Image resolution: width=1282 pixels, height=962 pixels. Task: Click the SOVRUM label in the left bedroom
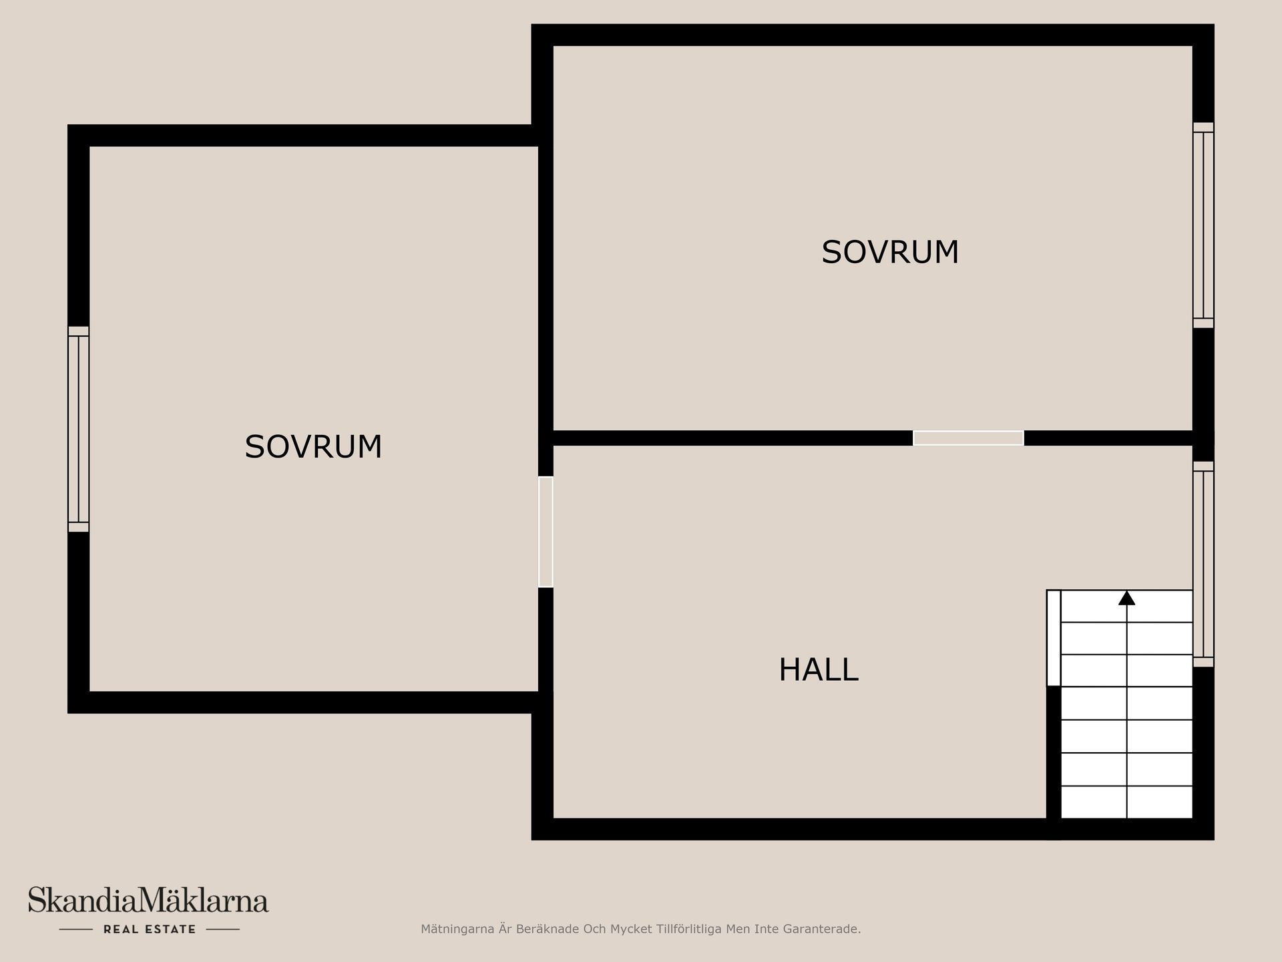point(313,447)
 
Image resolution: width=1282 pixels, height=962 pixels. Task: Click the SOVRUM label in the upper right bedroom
point(890,253)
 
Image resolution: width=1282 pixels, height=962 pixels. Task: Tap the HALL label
point(819,670)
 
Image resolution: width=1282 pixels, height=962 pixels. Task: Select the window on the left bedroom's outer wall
point(78,429)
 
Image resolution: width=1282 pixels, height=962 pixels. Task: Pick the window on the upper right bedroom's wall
point(1203,225)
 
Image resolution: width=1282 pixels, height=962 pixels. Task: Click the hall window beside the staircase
point(1203,564)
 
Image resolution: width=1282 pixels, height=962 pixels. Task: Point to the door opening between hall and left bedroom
point(546,532)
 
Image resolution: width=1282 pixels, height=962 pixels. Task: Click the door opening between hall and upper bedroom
point(968,438)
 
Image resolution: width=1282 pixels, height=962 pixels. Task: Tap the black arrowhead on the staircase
point(1126,598)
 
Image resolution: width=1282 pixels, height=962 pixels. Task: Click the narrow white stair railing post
point(1054,638)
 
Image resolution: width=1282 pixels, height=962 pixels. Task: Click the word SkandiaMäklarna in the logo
point(148,900)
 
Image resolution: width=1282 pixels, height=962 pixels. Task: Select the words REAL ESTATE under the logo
point(150,929)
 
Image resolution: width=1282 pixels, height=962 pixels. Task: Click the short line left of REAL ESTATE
point(76,929)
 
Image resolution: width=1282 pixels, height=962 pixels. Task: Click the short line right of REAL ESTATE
point(223,929)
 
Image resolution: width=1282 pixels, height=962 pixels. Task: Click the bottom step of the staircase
point(1126,802)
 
